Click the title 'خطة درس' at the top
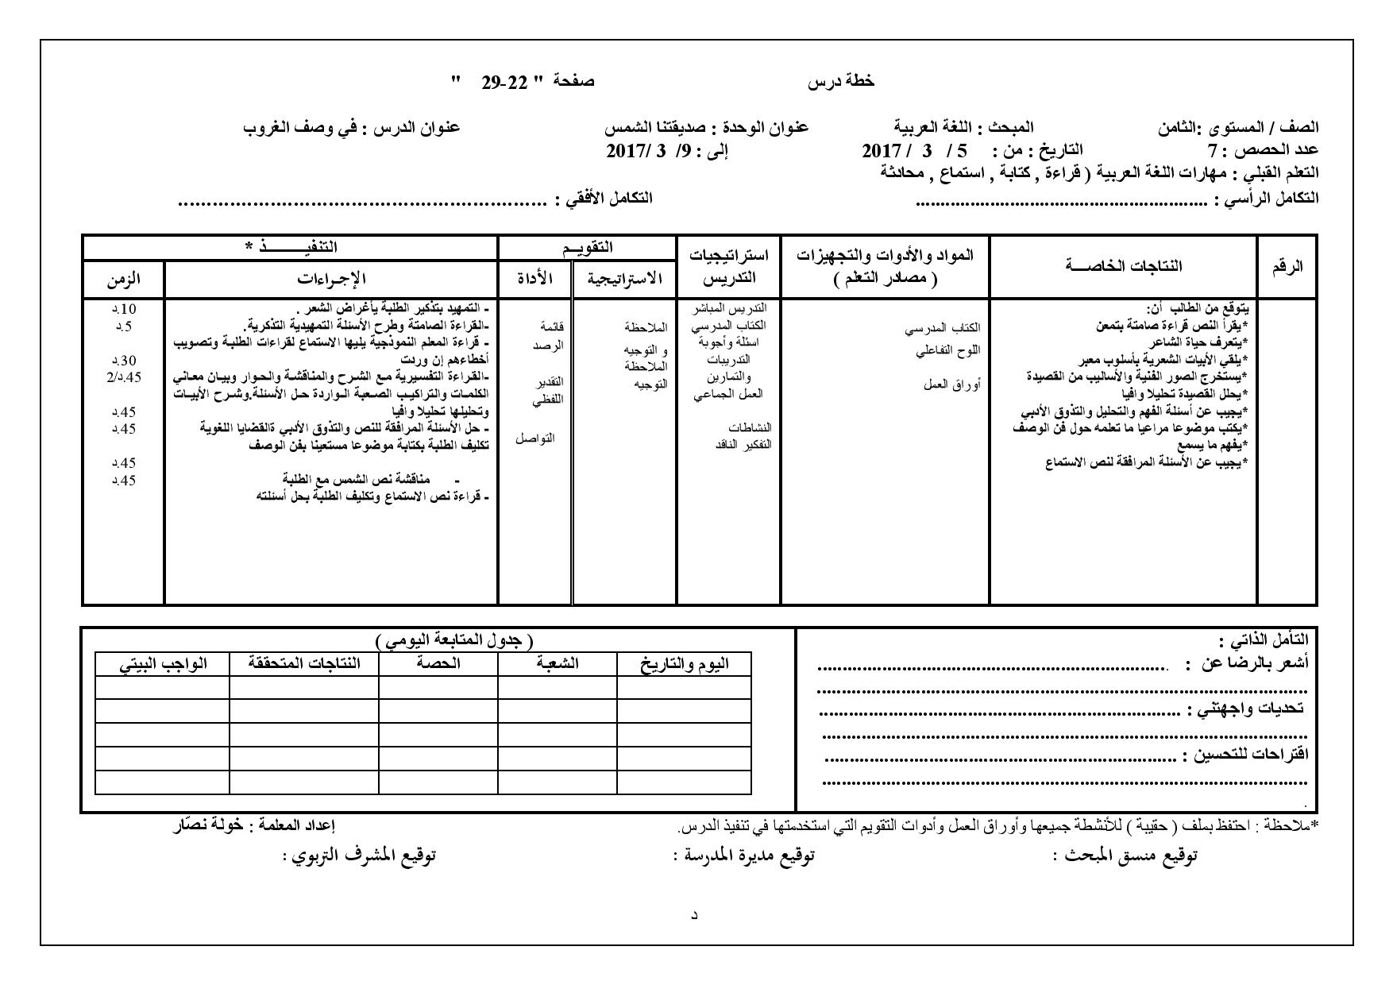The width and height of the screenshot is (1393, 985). pyautogui.click(x=841, y=81)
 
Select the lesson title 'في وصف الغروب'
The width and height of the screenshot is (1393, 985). pyautogui.click(x=297, y=127)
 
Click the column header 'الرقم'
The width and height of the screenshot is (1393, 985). pyautogui.click(x=1287, y=267)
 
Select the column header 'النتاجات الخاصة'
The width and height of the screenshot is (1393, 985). pyautogui.click(x=1123, y=266)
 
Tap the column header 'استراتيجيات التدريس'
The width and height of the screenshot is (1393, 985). pyautogui.click(x=728, y=266)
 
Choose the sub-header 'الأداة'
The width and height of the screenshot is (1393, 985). pyautogui.click(x=535, y=278)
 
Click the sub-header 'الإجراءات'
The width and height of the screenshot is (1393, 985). pyautogui.click(x=331, y=278)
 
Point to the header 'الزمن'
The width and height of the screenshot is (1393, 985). pyautogui.click(x=123, y=278)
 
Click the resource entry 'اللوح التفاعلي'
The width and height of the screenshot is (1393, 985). pyautogui.click(x=948, y=350)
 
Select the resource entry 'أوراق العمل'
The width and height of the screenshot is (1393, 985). pyautogui.click(x=951, y=384)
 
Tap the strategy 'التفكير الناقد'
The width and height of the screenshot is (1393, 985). pyautogui.click(x=743, y=444)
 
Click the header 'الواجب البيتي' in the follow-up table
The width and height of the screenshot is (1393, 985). pyautogui.click(x=163, y=664)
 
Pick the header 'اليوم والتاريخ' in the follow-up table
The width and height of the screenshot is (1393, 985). pyautogui.click(x=685, y=664)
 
